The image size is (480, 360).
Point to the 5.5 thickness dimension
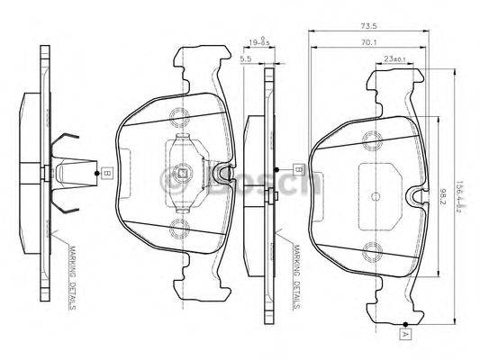[246, 59]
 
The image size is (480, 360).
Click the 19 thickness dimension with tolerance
[258, 41]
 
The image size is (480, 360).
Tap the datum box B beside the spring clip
[106, 172]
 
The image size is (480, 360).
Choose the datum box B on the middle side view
[296, 167]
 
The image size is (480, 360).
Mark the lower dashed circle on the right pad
[372, 249]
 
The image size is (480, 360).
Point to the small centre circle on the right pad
[372, 193]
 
